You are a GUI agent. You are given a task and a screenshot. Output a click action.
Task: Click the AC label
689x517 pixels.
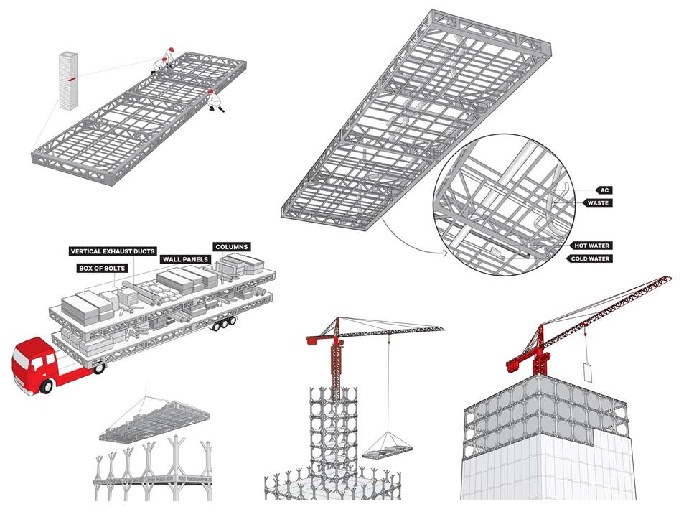(x=605, y=190)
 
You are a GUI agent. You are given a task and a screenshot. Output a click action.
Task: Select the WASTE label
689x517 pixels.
(x=599, y=203)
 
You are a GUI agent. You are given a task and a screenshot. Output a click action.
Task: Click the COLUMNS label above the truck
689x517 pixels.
(x=232, y=246)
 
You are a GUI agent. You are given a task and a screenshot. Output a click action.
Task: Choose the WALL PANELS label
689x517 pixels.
(x=185, y=258)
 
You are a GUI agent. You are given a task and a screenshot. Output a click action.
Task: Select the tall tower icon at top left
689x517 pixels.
(x=68, y=79)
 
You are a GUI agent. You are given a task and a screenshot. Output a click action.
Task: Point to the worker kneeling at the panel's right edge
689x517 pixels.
(x=214, y=100)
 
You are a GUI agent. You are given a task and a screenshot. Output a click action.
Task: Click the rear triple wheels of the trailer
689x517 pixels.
(x=223, y=325)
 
